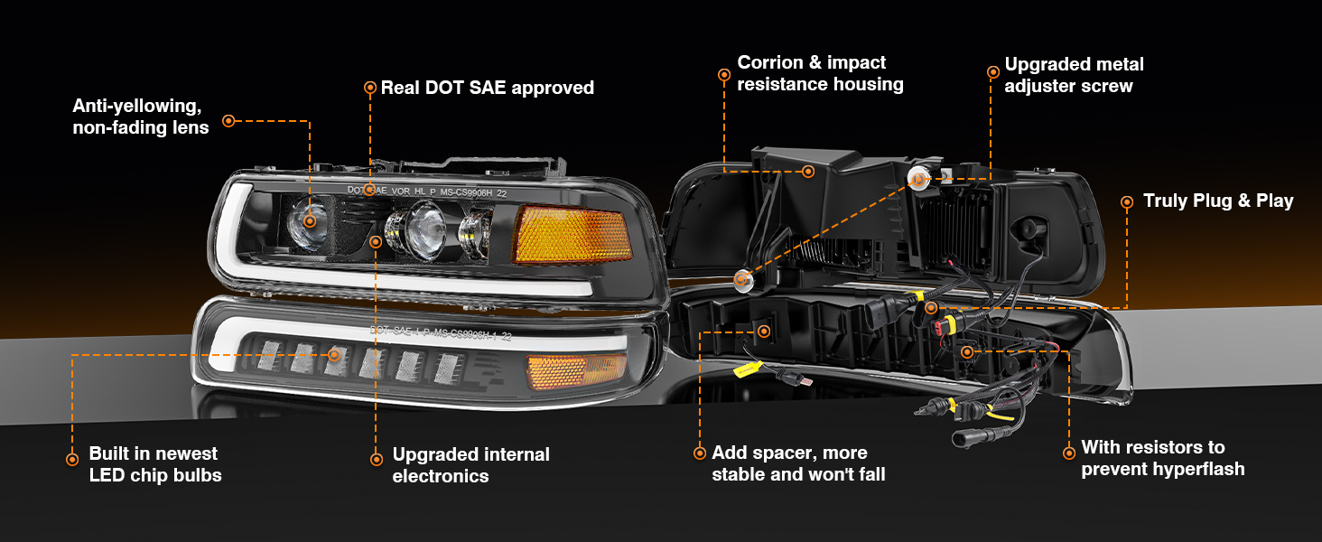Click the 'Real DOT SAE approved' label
(x=488, y=88)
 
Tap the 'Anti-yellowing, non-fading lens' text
(x=141, y=117)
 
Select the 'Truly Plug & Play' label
(x=1218, y=201)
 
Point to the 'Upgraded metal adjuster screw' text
(x=1074, y=75)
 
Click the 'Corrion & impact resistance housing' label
(x=820, y=73)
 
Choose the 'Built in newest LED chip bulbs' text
(x=154, y=464)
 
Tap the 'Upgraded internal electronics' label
(x=470, y=465)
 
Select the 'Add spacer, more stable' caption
(x=798, y=463)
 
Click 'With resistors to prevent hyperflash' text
(x=1162, y=458)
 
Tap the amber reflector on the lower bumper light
(x=564, y=370)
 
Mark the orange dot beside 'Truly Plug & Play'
(x=1126, y=202)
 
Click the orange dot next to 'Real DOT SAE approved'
(x=369, y=88)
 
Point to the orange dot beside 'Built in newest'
(x=72, y=459)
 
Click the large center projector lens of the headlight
(x=417, y=229)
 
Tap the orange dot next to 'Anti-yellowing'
(x=228, y=120)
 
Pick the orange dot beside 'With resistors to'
(x=1068, y=451)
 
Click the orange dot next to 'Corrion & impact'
(x=723, y=74)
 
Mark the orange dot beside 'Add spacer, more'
(x=698, y=453)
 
